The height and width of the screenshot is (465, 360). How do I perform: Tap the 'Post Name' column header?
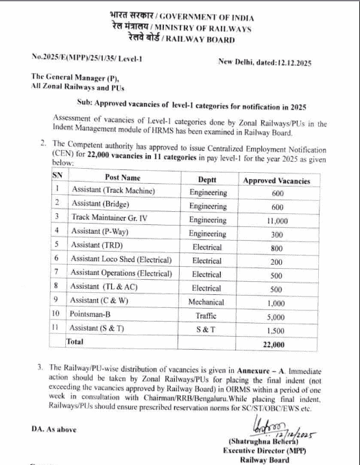click(x=122, y=178)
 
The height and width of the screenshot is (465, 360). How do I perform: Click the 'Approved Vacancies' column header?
click(x=277, y=180)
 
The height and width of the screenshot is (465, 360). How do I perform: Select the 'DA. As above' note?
click(x=53, y=429)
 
